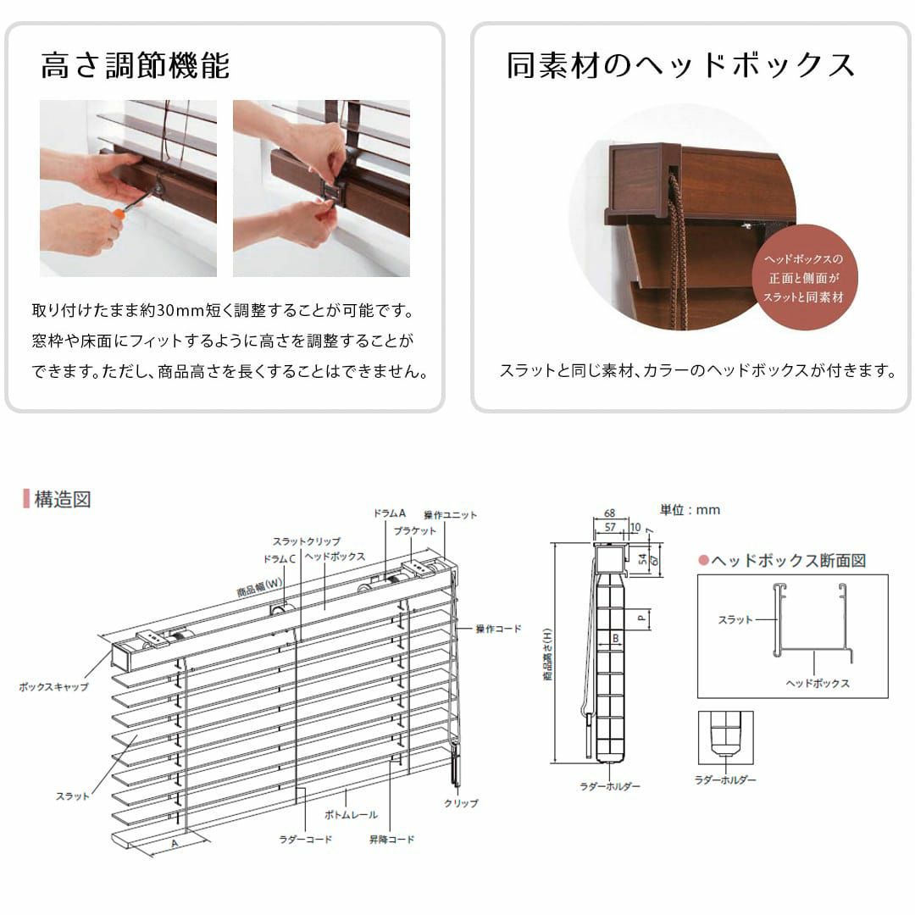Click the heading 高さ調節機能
[136, 65]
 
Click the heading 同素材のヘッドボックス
[679, 65]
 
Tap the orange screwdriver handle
[119, 213]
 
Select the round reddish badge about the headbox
[804, 278]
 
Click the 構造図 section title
[63, 500]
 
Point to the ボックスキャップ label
[53, 687]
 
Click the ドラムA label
[389, 513]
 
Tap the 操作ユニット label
[450, 515]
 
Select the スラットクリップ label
[307, 541]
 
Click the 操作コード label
[498, 629]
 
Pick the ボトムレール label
[351, 815]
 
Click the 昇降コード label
[391, 839]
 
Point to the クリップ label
[461, 803]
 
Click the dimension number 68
[609, 513]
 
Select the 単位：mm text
[690, 510]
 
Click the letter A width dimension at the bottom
[174, 844]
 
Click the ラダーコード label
[305, 839]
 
